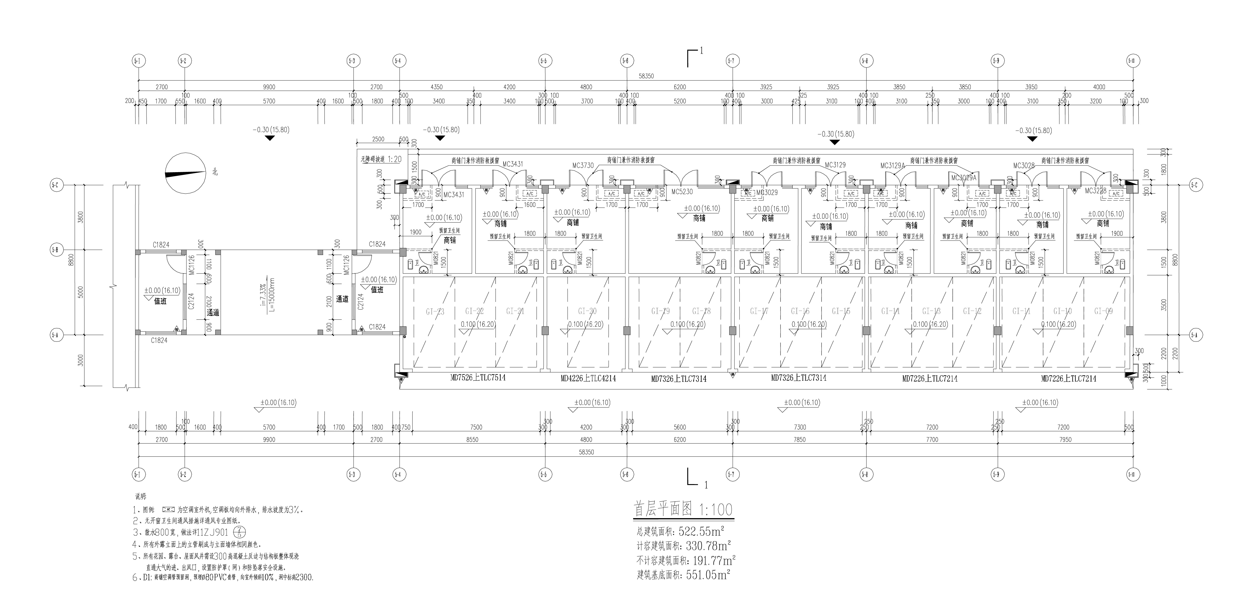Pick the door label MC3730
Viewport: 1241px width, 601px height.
click(583, 166)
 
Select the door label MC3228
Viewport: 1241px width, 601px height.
click(1096, 191)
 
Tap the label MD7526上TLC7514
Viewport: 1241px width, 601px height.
click(478, 378)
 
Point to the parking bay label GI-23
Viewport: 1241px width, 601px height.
click(435, 312)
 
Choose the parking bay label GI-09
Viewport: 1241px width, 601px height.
click(1103, 311)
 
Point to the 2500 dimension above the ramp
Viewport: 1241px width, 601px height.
click(378, 139)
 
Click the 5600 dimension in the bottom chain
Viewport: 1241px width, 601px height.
click(680, 427)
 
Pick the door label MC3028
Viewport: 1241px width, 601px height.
click(1024, 166)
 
